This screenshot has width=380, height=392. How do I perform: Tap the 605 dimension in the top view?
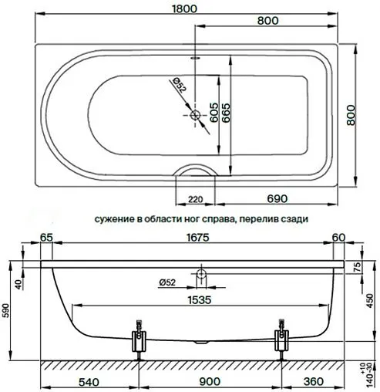[206, 114]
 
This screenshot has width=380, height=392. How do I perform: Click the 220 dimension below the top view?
[195, 200]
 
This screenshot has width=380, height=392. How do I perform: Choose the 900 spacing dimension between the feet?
[208, 380]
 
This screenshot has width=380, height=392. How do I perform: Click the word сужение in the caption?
[116, 218]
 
